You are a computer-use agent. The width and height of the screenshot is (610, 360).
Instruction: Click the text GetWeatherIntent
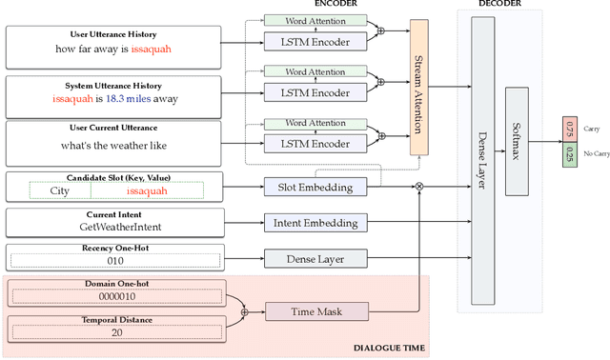coord(115,229)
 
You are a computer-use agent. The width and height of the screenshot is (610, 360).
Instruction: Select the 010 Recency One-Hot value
coord(115,260)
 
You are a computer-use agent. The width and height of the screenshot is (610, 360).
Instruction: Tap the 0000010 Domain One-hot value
coord(115,295)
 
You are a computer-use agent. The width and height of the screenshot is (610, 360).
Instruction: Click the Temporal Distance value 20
coord(115,331)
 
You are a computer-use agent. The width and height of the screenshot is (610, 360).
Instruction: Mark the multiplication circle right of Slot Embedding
coord(416,188)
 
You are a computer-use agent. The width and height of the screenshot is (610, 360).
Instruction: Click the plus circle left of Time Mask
coord(245,310)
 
